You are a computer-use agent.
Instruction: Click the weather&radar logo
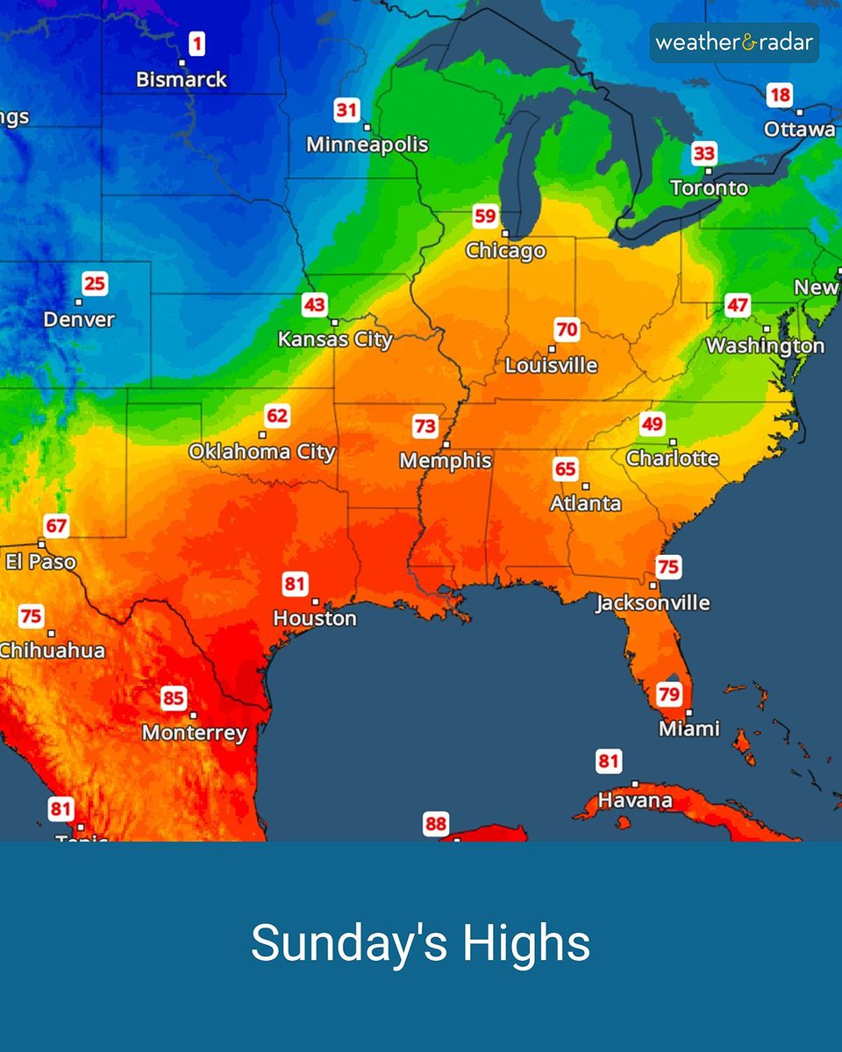click(x=734, y=42)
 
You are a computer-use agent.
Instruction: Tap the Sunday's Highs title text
click(x=421, y=943)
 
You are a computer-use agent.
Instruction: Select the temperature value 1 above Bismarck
click(x=196, y=43)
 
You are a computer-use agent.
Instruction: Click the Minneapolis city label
click(x=367, y=145)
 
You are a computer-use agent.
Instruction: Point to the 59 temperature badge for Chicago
click(x=485, y=216)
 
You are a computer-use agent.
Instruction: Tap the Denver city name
click(x=79, y=320)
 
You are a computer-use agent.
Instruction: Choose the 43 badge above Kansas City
click(x=314, y=305)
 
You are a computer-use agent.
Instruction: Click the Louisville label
click(x=551, y=366)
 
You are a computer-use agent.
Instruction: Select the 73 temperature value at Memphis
click(x=425, y=427)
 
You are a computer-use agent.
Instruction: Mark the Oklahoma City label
click(x=262, y=452)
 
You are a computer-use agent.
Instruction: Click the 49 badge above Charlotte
click(x=652, y=424)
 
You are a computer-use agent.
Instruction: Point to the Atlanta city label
click(x=585, y=504)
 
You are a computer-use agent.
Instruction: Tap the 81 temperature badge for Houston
click(x=295, y=583)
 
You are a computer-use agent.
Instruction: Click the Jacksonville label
click(x=653, y=603)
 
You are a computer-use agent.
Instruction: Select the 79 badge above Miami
click(x=669, y=694)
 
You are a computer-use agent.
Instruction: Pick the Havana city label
click(x=635, y=800)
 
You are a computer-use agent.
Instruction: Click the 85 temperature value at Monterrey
click(x=174, y=699)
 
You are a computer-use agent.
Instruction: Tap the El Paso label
click(x=40, y=562)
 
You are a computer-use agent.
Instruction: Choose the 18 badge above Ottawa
click(x=779, y=95)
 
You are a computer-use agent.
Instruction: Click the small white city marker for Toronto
click(x=708, y=171)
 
